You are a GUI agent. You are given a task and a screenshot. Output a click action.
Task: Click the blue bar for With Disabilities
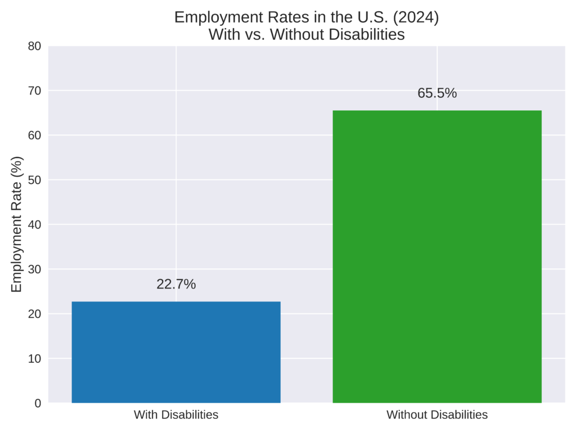coord(176,352)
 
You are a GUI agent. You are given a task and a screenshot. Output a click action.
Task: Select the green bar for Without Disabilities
coord(437,256)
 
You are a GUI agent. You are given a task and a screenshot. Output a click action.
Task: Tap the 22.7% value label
coord(176,285)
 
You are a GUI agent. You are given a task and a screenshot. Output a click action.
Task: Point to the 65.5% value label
coord(437,93)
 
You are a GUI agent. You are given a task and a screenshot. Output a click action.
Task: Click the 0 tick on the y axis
coord(38,403)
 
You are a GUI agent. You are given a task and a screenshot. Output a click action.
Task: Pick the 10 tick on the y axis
coord(34,358)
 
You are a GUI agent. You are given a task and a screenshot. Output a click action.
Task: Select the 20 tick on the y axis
coord(34,314)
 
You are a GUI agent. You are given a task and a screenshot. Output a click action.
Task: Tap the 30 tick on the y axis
coord(34,269)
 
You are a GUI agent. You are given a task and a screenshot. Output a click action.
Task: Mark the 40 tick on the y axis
coord(34,224)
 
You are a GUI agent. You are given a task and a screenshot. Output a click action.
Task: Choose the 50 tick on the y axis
coord(34,180)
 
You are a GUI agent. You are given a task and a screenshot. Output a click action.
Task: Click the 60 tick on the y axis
coord(34,136)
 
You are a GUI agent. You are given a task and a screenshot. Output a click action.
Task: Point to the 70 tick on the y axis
coord(34,91)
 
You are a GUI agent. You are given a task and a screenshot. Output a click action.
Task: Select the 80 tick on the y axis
coord(34,46)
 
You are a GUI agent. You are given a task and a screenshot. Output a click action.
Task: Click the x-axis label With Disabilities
coord(176,415)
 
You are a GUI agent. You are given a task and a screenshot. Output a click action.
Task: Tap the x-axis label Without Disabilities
coord(437,415)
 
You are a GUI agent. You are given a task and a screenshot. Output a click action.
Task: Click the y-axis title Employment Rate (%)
coord(17,224)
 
